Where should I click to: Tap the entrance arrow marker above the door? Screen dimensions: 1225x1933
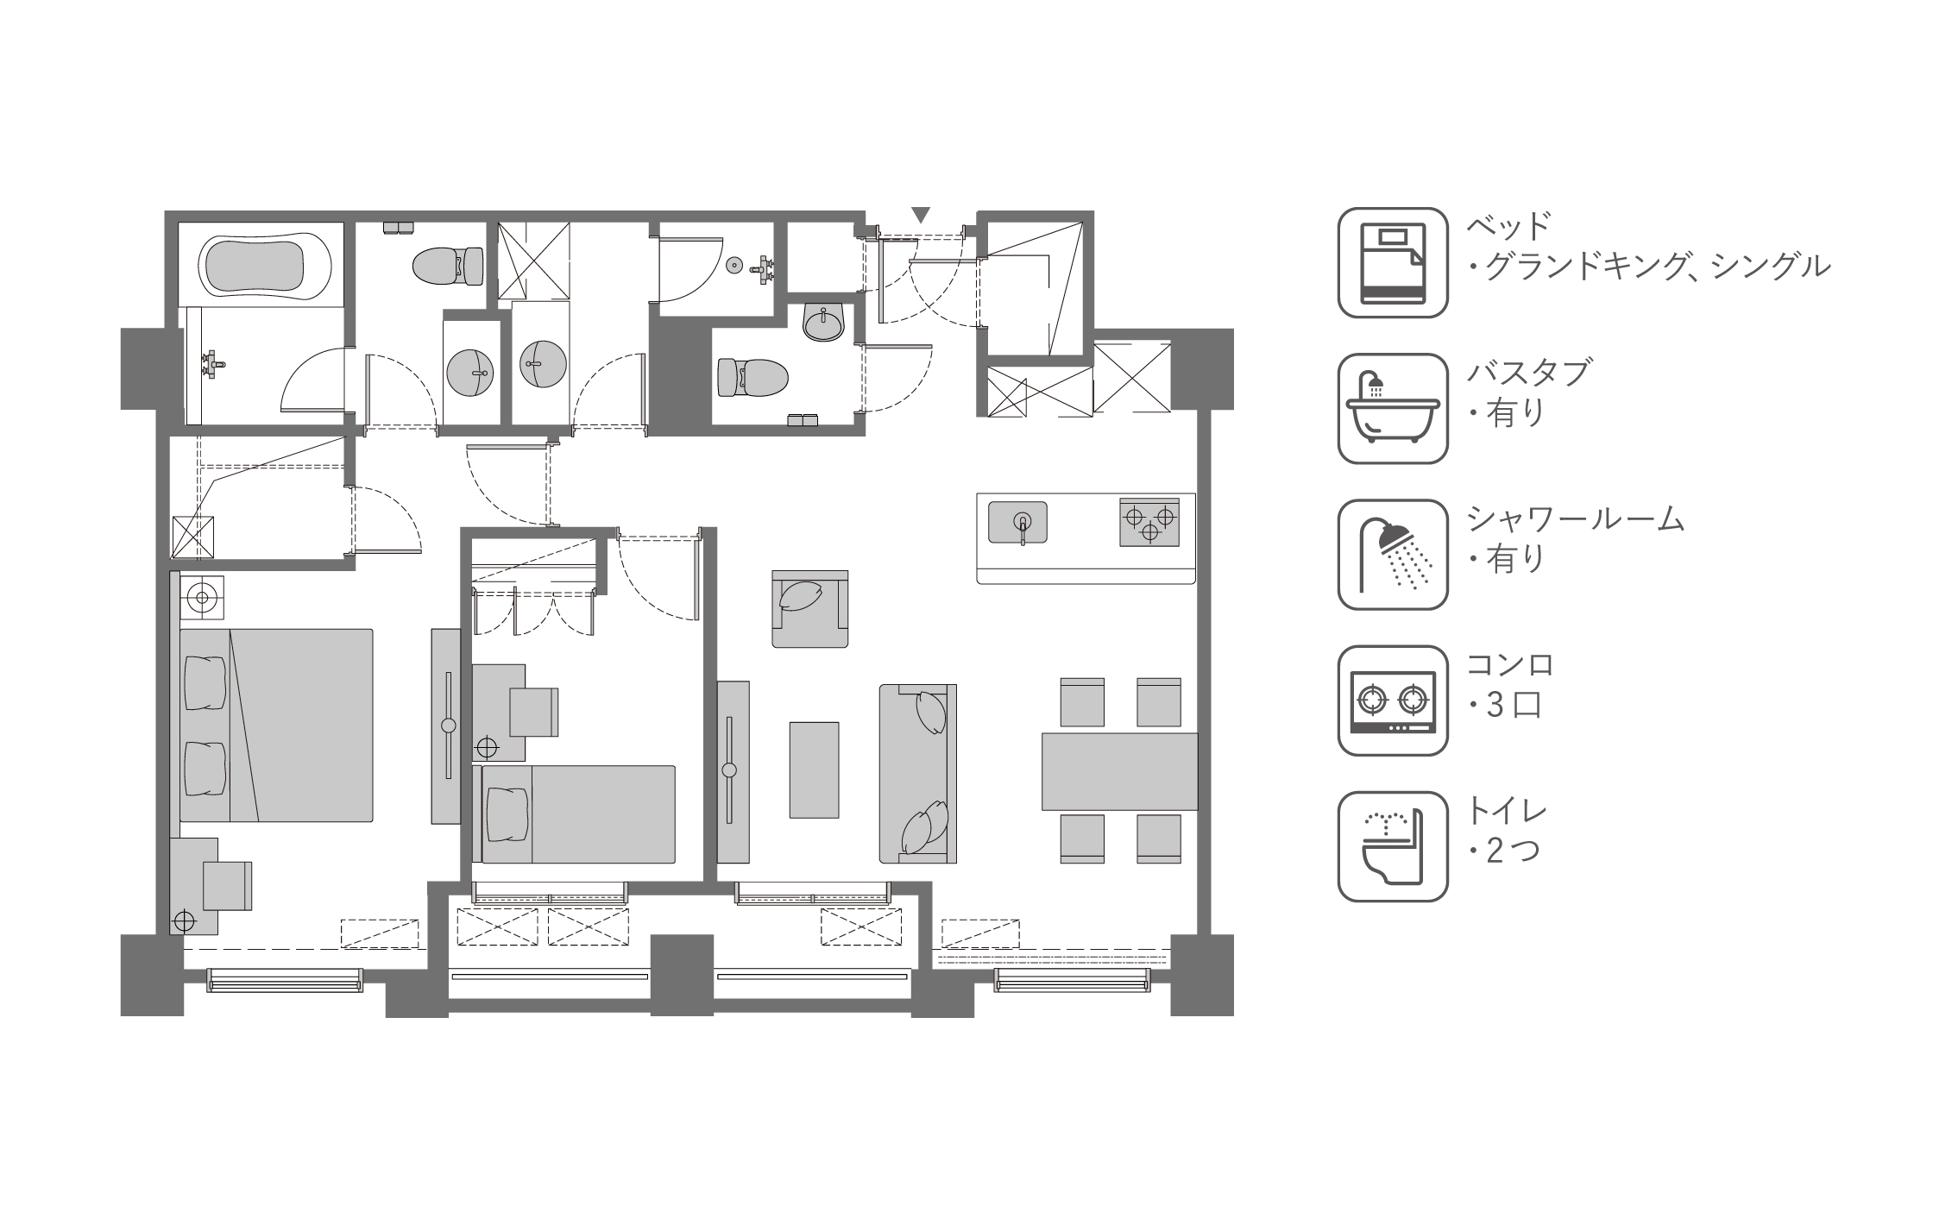pos(921,215)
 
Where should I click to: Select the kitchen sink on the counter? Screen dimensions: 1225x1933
pos(1017,523)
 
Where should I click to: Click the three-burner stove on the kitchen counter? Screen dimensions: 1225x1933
pos(1149,522)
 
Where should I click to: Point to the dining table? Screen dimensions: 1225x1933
pos(1119,771)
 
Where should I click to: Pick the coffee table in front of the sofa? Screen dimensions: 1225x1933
pos(814,770)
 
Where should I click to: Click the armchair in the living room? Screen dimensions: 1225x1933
pos(809,608)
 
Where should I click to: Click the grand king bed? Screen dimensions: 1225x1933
pos(276,726)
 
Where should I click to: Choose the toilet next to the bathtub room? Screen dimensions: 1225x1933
pos(448,266)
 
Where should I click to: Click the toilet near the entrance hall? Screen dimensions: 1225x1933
pos(752,377)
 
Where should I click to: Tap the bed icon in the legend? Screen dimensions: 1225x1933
pos(1392,262)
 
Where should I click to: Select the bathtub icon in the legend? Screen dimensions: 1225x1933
pos(1392,409)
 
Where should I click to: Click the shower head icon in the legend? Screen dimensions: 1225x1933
pos(1392,555)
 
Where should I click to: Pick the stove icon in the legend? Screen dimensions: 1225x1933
pos(1392,700)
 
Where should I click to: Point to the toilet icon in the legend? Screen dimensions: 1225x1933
pos(1392,846)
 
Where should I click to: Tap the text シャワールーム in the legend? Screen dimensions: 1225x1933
pos(1576,519)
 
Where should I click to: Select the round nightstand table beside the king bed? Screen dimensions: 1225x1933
pos(202,596)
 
